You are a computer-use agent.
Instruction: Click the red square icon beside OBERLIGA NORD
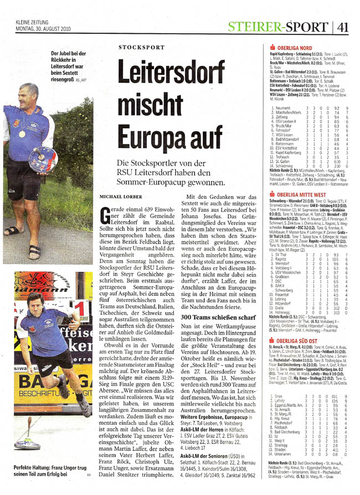pos(271,47)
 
